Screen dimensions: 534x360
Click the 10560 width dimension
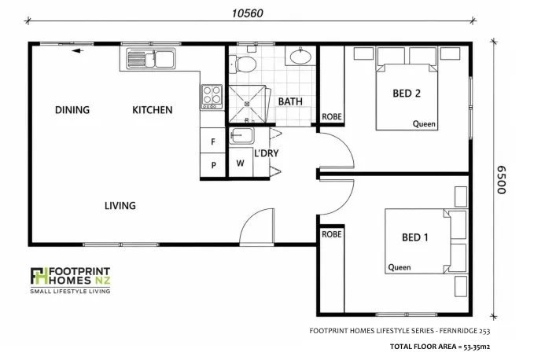(247, 13)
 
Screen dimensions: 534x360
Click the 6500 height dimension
(501, 180)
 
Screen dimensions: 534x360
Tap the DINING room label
(72, 110)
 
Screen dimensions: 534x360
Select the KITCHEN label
(153, 110)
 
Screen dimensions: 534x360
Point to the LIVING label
(120, 205)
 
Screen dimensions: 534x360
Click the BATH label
(290, 101)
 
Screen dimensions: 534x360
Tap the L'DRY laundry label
(267, 153)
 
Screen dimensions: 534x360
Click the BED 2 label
(407, 94)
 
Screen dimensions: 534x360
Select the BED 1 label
(414, 237)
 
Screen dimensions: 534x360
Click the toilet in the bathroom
(243, 64)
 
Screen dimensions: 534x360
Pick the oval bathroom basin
(300, 56)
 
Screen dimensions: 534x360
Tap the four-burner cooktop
(212, 97)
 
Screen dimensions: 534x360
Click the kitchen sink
(151, 58)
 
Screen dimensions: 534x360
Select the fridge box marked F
(213, 141)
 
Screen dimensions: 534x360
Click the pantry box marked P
(213, 165)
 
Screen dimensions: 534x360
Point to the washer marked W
(241, 163)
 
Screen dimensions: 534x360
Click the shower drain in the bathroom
(247, 104)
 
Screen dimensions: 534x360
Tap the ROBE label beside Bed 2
(332, 116)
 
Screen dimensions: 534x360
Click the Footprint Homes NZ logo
(70, 280)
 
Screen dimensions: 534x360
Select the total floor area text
(440, 347)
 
